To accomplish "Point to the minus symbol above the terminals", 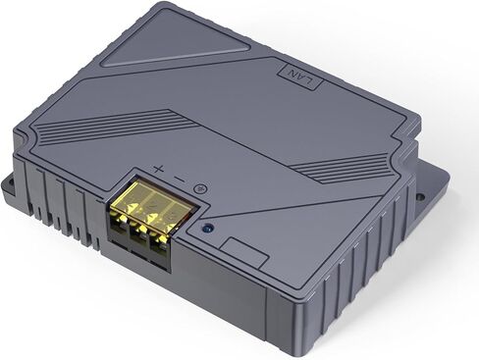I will click(x=178, y=178).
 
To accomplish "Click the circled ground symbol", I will click(x=199, y=187).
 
